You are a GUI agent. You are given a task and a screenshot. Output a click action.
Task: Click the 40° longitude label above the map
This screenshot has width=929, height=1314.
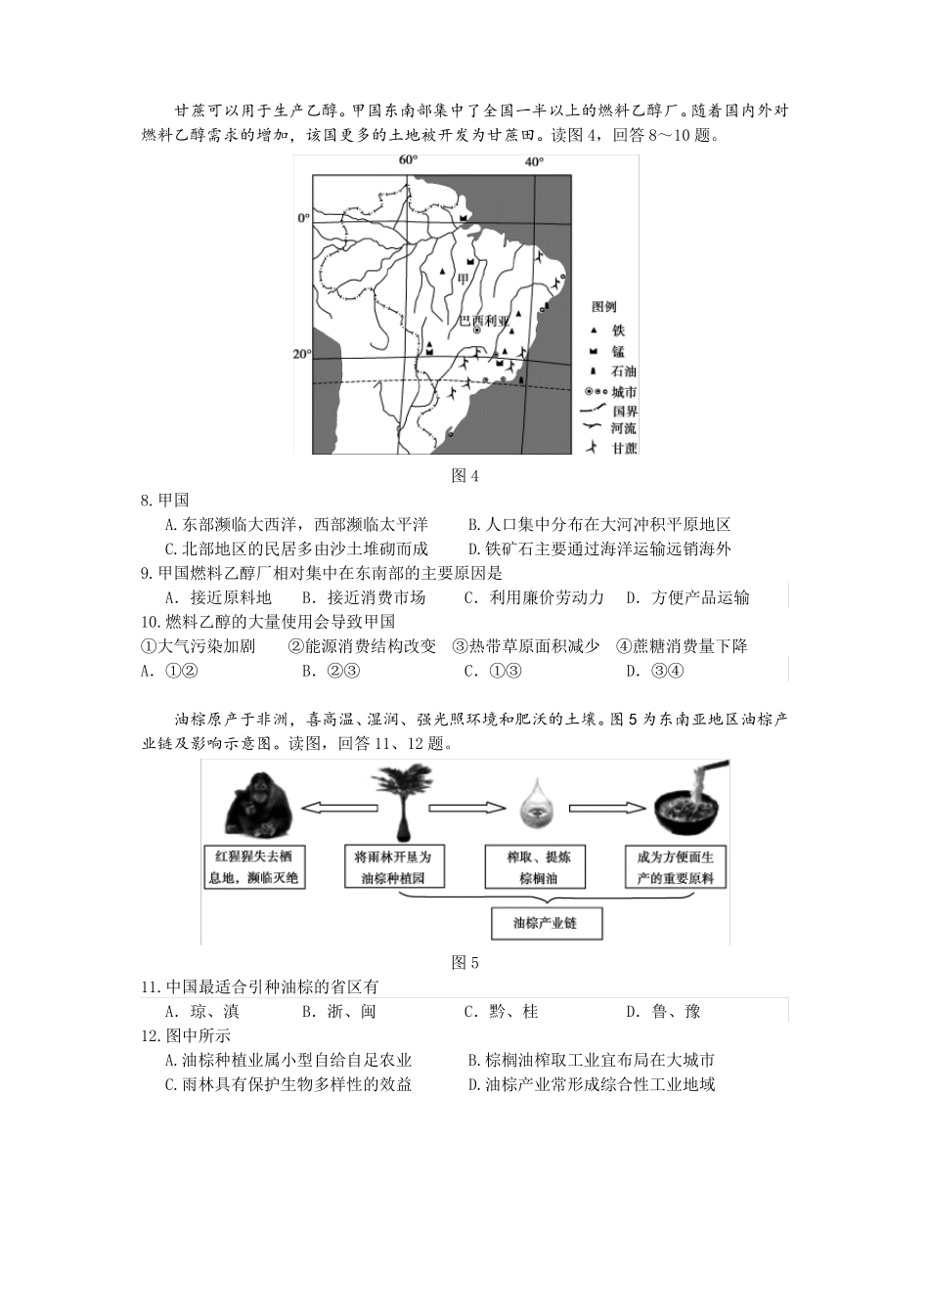point(534,162)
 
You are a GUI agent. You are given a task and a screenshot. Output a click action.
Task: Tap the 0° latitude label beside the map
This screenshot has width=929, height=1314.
point(303,218)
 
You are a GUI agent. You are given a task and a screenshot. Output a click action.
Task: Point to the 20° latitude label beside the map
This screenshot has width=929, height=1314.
point(301,354)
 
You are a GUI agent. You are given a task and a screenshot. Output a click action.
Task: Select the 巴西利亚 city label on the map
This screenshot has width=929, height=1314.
point(485,321)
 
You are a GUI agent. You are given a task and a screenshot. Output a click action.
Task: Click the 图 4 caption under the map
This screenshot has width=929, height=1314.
point(464,476)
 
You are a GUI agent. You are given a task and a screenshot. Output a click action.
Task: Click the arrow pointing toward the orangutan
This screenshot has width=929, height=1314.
point(332,808)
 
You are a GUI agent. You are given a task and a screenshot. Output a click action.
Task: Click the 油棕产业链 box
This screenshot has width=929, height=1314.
point(545,923)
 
